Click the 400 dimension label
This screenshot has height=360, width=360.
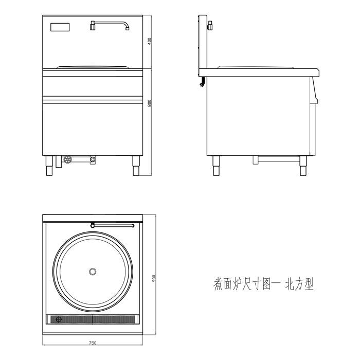click(x=149, y=42)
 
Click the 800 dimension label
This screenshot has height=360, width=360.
click(x=149, y=103)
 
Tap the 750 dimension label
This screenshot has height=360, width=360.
click(x=93, y=343)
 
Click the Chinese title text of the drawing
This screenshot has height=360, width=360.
click(x=263, y=284)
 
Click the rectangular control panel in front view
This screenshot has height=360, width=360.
click(x=61, y=27)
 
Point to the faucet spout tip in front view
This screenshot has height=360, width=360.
click(x=127, y=28)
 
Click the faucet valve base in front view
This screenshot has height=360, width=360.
click(x=93, y=25)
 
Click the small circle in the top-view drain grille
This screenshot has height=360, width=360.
click(x=58, y=319)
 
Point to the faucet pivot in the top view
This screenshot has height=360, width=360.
click(x=92, y=225)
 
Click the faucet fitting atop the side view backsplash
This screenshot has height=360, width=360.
click(x=210, y=24)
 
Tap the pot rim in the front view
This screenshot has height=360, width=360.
click(x=93, y=67)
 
